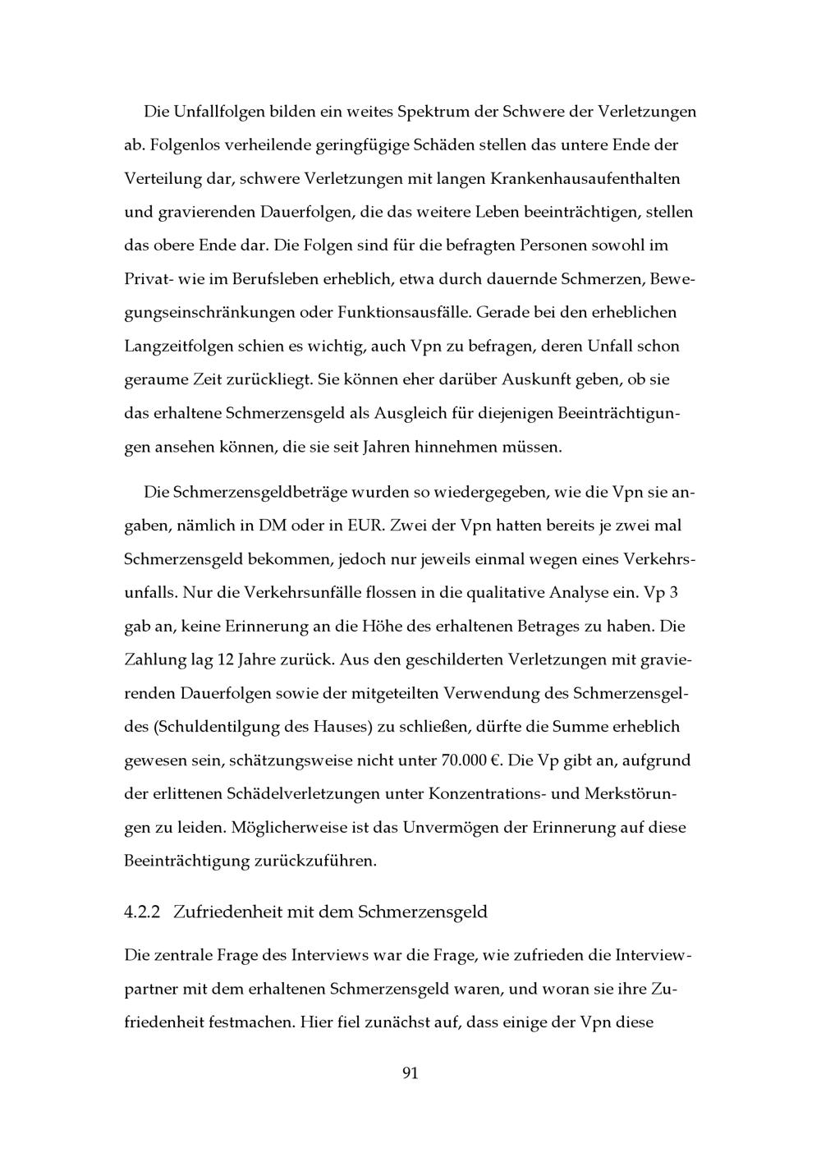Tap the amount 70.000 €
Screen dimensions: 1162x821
pos(470,760)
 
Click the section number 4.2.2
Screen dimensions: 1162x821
pos(145,912)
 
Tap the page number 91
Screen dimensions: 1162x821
pos(410,1073)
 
